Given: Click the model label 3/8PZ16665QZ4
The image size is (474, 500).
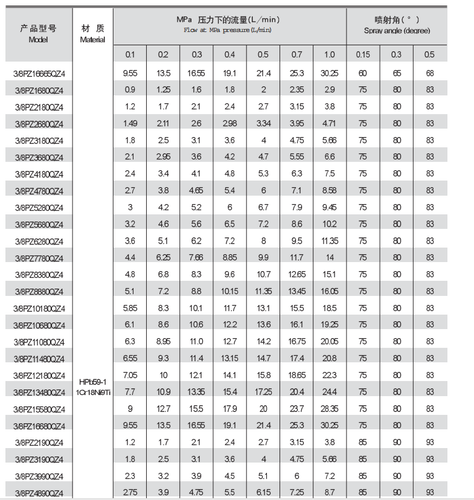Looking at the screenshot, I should (39, 74).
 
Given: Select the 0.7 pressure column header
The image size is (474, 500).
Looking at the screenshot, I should (296, 55).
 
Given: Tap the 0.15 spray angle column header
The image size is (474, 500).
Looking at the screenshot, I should (363, 55).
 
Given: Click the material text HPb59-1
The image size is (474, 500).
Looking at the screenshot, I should (92, 382).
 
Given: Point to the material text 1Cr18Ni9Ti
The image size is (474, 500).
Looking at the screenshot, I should (92, 393).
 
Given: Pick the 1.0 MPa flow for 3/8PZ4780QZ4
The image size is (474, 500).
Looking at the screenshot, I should (329, 191).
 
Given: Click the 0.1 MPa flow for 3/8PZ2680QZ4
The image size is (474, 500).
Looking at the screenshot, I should (130, 124).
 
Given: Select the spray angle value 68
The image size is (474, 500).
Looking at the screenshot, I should (429, 74).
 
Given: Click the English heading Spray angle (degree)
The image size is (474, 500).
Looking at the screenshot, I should (396, 31).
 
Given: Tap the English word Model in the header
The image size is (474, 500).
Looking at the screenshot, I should (38, 39).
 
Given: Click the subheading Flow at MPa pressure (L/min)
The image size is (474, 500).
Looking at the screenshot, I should (228, 30).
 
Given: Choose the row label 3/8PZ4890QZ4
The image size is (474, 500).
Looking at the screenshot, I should (39, 493).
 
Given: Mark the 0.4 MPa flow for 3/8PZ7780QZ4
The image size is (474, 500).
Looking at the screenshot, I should (229, 258).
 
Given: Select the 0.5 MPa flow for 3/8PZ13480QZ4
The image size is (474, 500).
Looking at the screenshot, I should (263, 392).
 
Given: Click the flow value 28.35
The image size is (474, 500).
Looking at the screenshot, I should (329, 409).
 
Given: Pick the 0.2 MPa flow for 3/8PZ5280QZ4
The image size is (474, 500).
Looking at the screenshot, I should (163, 208).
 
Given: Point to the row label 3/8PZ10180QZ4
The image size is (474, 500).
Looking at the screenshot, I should (39, 309).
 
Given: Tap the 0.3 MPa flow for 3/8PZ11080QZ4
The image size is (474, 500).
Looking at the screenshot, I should (196, 342).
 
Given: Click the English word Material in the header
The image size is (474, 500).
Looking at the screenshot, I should (92, 40).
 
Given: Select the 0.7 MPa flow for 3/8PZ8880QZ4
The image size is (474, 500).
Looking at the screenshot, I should (296, 292).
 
